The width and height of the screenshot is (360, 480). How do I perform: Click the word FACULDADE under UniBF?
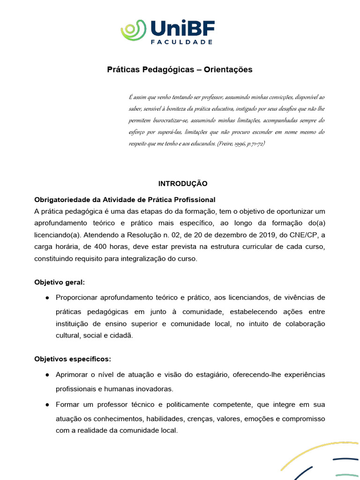coord(182,42)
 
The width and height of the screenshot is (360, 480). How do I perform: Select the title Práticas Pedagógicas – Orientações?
coord(180,70)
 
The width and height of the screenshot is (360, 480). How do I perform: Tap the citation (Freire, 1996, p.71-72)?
coord(241,143)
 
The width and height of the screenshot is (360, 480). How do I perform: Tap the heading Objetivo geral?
coord(60,282)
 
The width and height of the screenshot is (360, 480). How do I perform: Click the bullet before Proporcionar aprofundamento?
coord(48,298)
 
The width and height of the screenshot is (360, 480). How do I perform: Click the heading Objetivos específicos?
coord(73,359)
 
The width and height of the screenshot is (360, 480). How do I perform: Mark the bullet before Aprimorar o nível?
coord(48,375)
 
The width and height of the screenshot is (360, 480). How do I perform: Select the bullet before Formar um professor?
coord(48,405)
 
